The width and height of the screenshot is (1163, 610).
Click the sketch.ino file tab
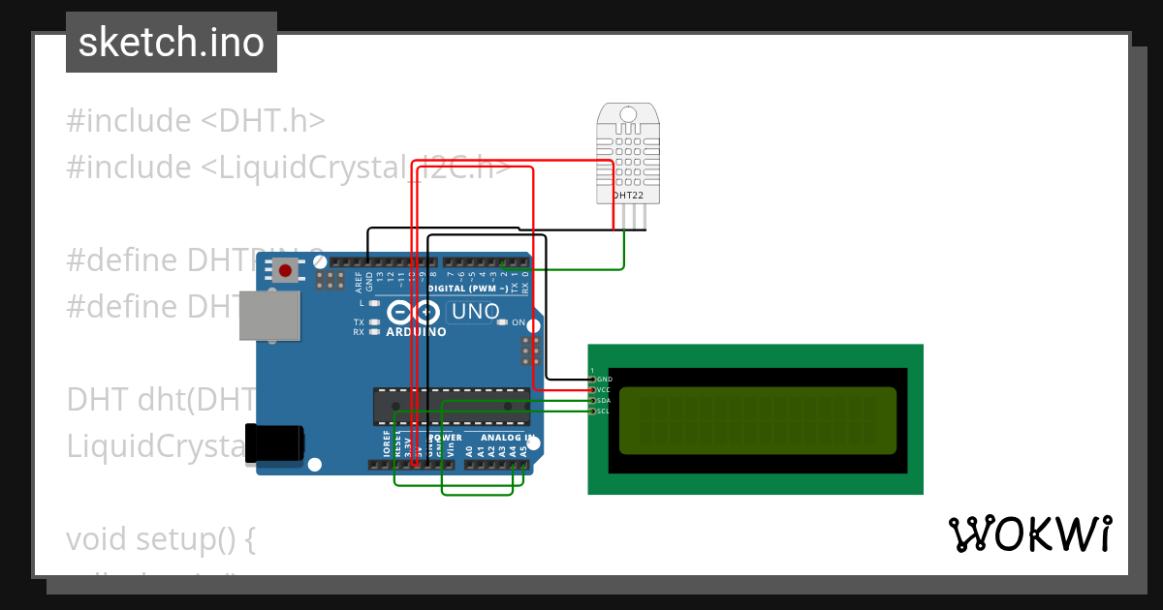pyautogui.click(x=172, y=43)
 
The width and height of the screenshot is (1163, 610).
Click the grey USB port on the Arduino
pyautogui.click(x=269, y=316)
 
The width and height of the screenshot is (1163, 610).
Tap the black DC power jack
pyautogui.click(x=274, y=442)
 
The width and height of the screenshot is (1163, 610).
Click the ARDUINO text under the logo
pyautogui.click(x=416, y=332)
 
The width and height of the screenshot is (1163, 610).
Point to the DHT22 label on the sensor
pyautogui.click(x=628, y=195)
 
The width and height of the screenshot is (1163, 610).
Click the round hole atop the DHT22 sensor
pyautogui.click(x=628, y=114)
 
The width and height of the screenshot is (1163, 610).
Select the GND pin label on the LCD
pyautogui.click(x=604, y=379)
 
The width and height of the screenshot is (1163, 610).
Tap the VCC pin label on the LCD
pyautogui.click(x=604, y=389)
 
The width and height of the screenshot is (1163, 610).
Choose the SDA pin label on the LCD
pyautogui.click(x=604, y=400)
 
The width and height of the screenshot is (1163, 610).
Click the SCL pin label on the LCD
pyautogui.click(x=604, y=411)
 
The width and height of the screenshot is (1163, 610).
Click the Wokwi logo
pyautogui.click(x=1029, y=534)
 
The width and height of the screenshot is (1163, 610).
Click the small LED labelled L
pyautogui.click(x=374, y=303)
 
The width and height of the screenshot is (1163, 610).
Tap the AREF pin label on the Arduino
pyautogui.click(x=359, y=282)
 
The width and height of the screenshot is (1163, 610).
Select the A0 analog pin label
pyautogui.click(x=470, y=449)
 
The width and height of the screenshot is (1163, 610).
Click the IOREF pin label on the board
pyautogui.click(x=386, y=447)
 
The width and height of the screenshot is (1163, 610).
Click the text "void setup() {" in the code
pyautogui.click(x=160, y=538)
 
